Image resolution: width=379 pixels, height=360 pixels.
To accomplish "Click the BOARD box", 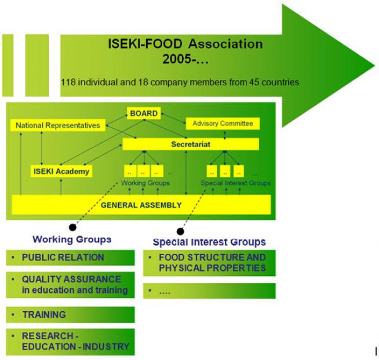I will coord(144,114).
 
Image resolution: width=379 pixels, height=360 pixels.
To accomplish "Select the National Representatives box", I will coord(57,125).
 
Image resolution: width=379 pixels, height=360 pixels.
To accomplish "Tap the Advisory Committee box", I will coord(222,123).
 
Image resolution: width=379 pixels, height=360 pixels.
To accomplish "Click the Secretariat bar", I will coord(190,144).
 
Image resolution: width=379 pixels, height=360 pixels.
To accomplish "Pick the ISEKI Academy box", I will coord(60,171).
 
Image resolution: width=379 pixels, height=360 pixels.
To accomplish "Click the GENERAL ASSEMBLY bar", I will coord(141,205).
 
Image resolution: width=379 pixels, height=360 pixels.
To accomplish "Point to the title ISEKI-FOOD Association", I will coord(185,44).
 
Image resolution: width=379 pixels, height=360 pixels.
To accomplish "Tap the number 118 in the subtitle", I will coord(68,82).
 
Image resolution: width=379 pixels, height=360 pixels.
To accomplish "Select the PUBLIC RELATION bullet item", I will coord(63,257).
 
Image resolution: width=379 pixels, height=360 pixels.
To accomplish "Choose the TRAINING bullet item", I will coord(44,315).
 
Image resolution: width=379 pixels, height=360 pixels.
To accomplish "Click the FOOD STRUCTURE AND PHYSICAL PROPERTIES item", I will coord(208,263).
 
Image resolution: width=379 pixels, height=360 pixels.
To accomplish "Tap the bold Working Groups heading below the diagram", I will coord(72,239).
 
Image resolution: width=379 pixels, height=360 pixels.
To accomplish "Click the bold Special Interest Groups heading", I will coord(209,242).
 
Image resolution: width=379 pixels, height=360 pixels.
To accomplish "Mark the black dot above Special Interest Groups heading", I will coord(180,231).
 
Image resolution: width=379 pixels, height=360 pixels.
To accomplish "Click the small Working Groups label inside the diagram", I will coord(145,183).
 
